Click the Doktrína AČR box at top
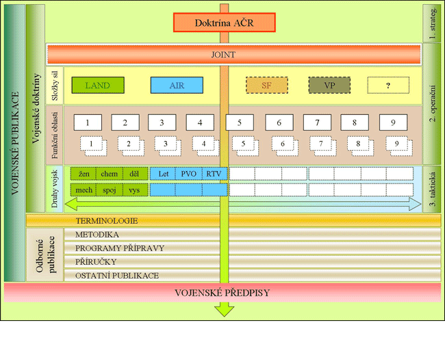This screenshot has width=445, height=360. [x=224, y=23]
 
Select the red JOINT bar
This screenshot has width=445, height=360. [x=233, y=54]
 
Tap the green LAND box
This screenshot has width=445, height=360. [x=99, y=86]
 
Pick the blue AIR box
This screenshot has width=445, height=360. [x=177, y=86]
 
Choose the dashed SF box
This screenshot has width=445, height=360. [x=267, y=86]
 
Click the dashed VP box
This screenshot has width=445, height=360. [x=329, y=86]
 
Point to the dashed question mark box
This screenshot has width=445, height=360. [x=389, y=86]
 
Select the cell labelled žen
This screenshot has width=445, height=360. [x=84, y=174]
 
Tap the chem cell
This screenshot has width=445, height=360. [x=109, y=174]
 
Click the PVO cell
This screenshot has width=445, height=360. [x=188, y=174]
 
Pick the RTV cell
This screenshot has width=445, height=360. [x=214, y=174]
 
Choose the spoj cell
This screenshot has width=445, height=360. [x=109, y=190]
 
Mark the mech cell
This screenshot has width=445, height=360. [x=84, y=190]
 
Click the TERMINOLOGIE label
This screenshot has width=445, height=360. [x=106, y=220]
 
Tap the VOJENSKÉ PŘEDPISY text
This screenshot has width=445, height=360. [x=223, y=293]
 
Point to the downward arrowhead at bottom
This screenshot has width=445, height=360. [x=223, y=311]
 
